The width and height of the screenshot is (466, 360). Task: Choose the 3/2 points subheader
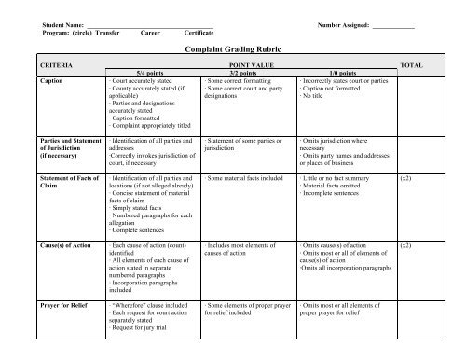(x=245, y=73)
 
